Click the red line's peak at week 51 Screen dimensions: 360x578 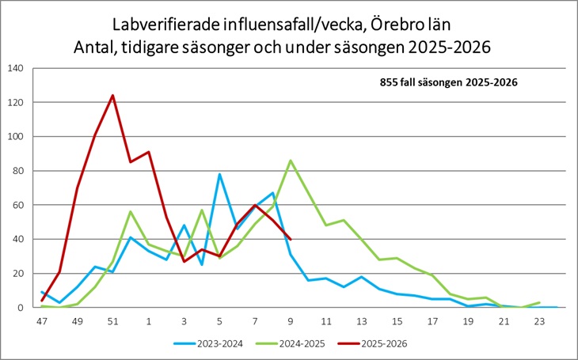point(112,96)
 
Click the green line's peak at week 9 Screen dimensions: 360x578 point(291,161)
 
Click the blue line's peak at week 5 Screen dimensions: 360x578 point(219,174)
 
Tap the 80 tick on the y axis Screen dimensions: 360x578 point(18,171)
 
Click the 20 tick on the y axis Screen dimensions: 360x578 point(18,273)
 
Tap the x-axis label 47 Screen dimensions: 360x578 point(41,321)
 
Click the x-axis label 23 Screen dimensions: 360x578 point(540,321)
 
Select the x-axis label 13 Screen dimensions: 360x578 point(362,321)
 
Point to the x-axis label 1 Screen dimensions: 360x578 point(148,321)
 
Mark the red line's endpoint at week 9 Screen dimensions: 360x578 point(291,239)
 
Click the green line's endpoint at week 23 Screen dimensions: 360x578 point(540,302)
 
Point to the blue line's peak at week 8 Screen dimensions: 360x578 point(272,193)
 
